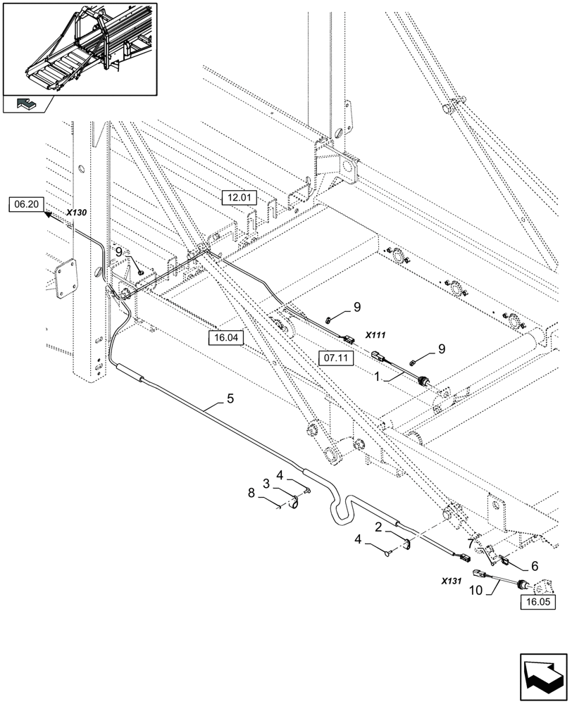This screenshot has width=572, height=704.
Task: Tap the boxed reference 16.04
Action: pyautogui.click(x=226, y=338)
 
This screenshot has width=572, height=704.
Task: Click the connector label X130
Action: pyautogui.click(x=76, y=212)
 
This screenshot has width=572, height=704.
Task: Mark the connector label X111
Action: pyautogui.click(x=378, y=337)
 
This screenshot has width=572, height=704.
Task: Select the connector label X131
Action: pyautogui.click(x=451, y=581)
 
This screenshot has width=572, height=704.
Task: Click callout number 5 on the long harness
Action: pyautogui.click(x=230, y=398)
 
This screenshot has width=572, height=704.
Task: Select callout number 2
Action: pyautogui.click(x=379, y=527)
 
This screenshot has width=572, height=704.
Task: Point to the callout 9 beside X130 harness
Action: pyautogui.click(x=119, y=252)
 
